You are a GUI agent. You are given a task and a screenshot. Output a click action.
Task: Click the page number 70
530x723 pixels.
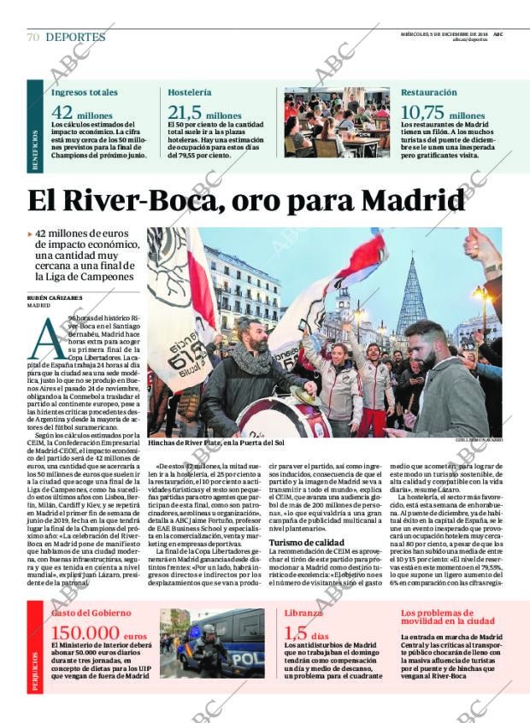pos(33,38)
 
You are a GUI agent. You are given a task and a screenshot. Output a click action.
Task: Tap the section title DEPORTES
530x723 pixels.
pos(75,38)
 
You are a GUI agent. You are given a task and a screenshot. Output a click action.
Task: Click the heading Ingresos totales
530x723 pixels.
pos(85,91)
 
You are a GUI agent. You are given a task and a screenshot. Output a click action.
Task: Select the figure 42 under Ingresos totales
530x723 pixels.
pos(62,113)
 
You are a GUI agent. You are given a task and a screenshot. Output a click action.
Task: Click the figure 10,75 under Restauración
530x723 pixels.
pos(422,113)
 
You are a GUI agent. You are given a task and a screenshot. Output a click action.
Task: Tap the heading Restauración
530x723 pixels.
pos(428,91)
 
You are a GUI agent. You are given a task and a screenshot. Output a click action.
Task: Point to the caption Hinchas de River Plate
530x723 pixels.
pos(215,443)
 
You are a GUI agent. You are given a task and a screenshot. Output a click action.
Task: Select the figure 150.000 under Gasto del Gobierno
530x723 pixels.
pos(86,633)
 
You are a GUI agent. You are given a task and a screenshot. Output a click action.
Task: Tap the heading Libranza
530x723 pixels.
pos(303,613)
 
